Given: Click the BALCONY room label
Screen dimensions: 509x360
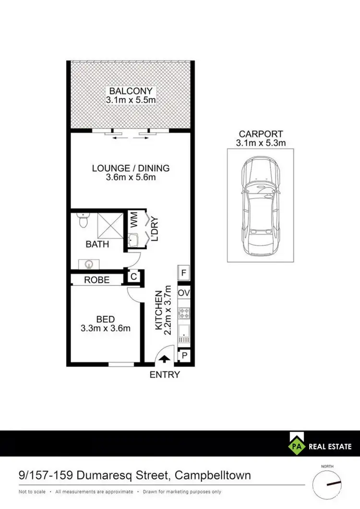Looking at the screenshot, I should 131,91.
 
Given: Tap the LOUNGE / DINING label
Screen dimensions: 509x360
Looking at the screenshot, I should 131,168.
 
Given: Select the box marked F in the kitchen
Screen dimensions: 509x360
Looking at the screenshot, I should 184,273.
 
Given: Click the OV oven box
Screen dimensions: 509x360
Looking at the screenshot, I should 184,293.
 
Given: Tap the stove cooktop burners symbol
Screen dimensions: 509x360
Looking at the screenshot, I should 184,313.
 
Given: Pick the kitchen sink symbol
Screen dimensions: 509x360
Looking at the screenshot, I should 184,332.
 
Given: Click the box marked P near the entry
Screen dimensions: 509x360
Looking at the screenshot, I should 184,355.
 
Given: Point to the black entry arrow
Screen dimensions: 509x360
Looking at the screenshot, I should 164,358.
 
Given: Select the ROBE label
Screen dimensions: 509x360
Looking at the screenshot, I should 97,280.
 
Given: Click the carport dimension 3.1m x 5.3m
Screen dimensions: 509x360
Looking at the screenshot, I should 261,143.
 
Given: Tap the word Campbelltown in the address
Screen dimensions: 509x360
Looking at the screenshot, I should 213,476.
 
